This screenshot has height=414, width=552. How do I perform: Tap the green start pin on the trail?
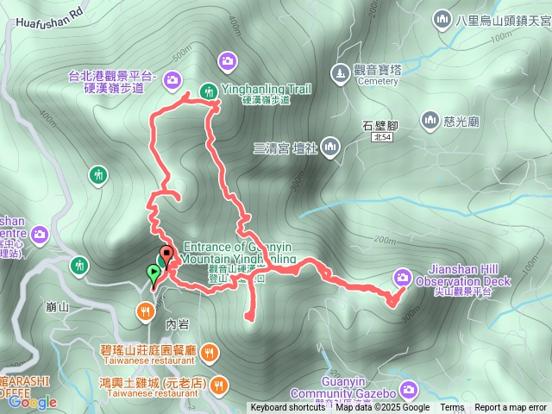(154, 274)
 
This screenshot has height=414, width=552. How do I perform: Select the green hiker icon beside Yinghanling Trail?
(208, 91)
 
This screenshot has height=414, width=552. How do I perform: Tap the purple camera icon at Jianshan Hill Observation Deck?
(403, 277)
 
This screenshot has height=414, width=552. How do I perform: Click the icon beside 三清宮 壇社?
(330, 148)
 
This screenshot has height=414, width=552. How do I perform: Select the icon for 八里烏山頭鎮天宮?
(442, 18)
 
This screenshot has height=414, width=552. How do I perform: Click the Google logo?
(33, 402)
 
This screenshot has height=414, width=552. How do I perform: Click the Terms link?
(452, 408)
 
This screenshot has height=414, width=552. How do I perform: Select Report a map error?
(510, 408)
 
